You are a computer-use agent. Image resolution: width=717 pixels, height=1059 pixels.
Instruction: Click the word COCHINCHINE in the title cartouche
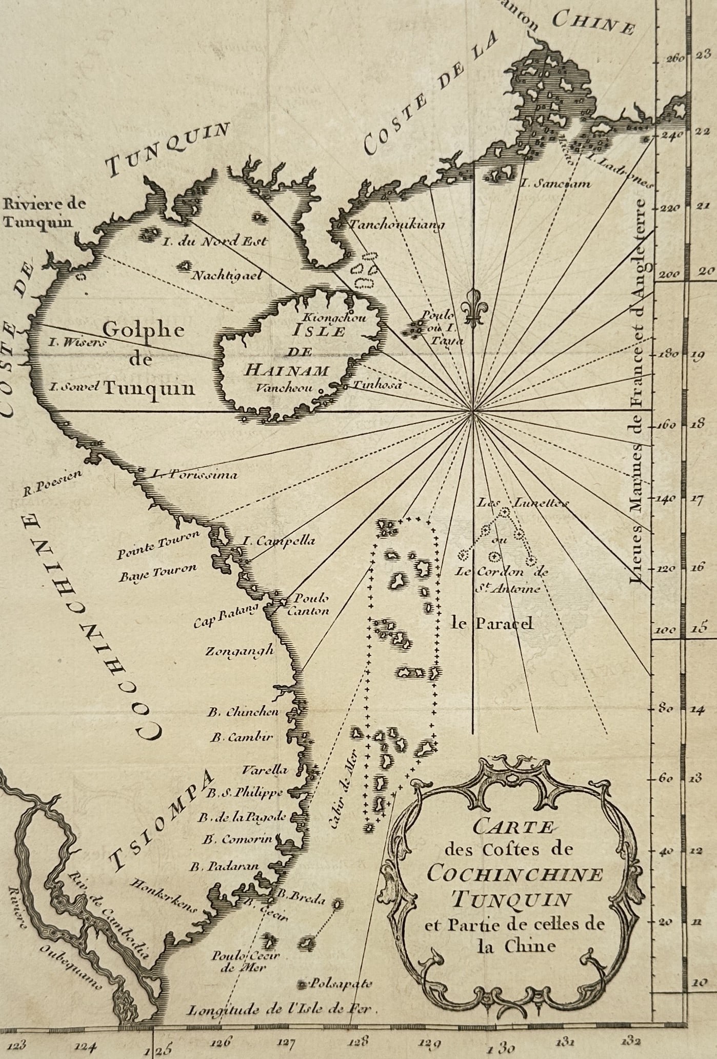click(x=514, y=873)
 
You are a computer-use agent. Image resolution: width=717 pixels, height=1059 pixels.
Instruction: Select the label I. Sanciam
click(x=555, y=183)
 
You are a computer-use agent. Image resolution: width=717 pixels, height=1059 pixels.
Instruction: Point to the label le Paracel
click(x=492, y=623)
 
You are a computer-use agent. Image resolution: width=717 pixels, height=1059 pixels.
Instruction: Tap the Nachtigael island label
click(x=226, y=275)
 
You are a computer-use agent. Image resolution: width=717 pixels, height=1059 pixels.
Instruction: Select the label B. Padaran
click(x=224, y=867)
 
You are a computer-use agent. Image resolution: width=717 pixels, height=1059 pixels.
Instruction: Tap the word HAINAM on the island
click(x=286, y=369)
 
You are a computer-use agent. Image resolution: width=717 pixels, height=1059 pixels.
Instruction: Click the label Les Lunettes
click(x=522, y=503)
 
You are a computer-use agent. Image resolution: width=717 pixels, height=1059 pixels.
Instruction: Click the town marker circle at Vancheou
click(x=322, y=389)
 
